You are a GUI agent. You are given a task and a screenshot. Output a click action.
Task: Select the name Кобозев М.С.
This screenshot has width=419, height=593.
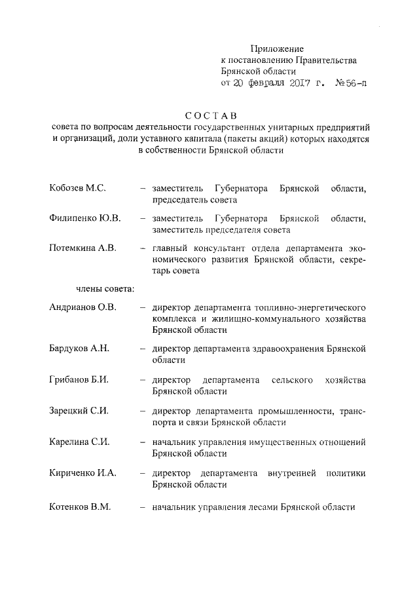(x=77, y=189)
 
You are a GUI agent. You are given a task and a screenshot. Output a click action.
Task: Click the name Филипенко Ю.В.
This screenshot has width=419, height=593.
(x=84, y=218)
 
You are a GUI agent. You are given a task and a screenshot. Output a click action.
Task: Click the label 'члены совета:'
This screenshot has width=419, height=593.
(x=102, y=288)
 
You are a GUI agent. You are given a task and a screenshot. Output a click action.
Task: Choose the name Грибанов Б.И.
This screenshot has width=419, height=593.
(x=79, y=380)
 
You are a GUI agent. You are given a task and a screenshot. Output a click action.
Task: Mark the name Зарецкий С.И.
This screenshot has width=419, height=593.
(x=79, y=411)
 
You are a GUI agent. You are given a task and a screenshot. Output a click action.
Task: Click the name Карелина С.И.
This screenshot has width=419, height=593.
(x=79, y=442)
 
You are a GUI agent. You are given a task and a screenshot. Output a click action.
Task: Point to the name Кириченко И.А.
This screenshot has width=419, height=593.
(x=82, y=473)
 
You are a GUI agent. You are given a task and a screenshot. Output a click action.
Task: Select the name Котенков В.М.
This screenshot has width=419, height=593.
(x=80, y=507)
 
